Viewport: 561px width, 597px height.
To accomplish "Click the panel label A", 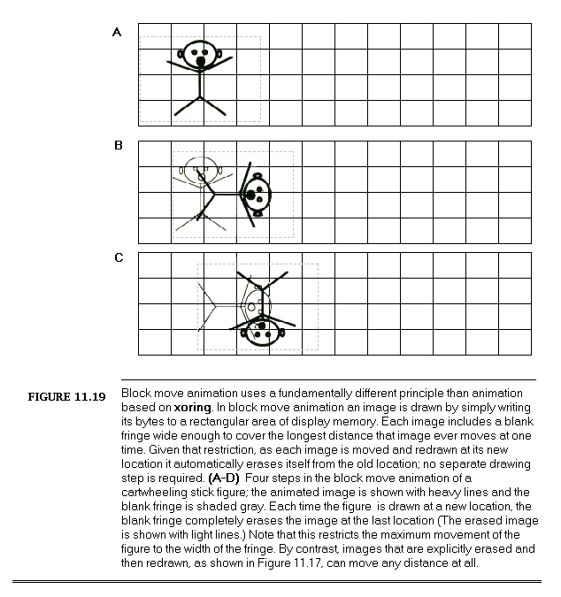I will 117,33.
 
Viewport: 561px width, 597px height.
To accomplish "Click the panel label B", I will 119,146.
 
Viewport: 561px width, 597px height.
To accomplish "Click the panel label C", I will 119,259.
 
